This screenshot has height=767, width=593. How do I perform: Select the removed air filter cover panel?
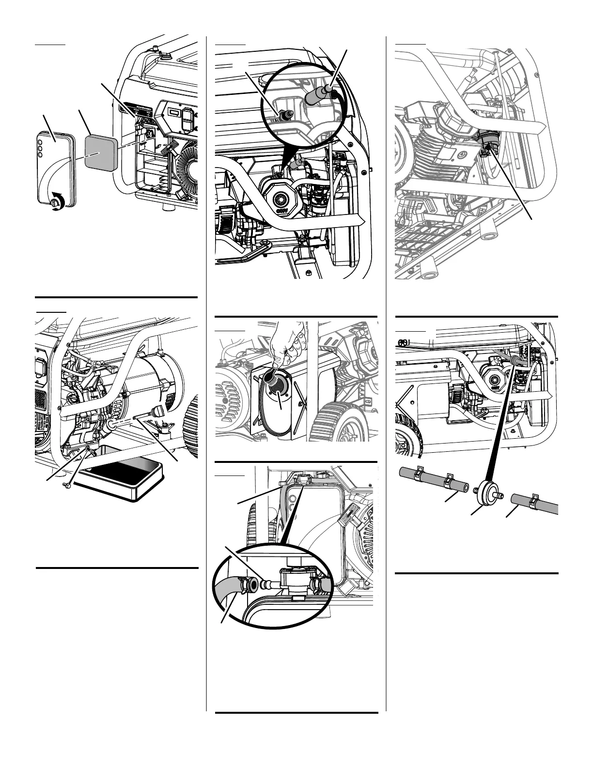click(x=55, y=165)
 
